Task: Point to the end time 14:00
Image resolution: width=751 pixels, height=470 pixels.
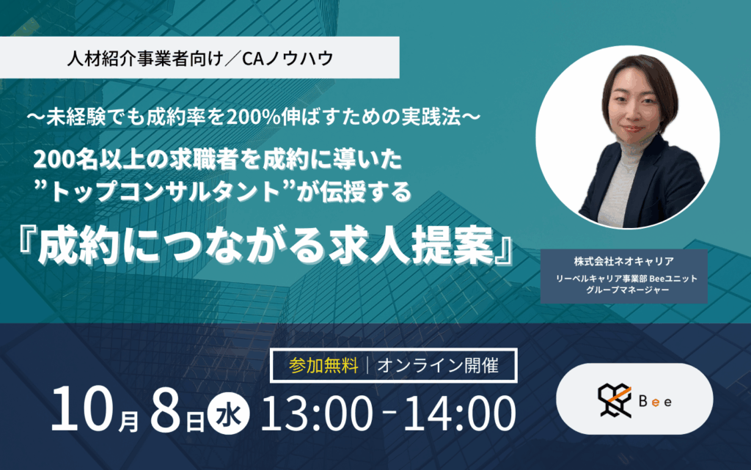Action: (452, 414)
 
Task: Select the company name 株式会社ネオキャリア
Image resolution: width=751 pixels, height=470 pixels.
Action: (623, 262)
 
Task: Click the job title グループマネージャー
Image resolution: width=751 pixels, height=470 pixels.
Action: (623, 290)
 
